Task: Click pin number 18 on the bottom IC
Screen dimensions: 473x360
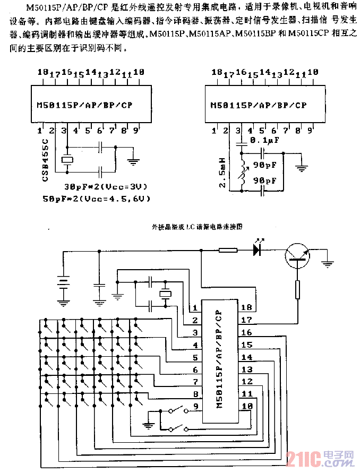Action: (x=246, y=307)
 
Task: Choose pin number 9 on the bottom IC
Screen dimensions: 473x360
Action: (x=195, y=407)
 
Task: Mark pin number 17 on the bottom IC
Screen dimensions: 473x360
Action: (x=246, y=320)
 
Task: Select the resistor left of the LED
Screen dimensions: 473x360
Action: (x=228, y=250)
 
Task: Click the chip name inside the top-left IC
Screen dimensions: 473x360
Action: (x=89, y=105)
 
